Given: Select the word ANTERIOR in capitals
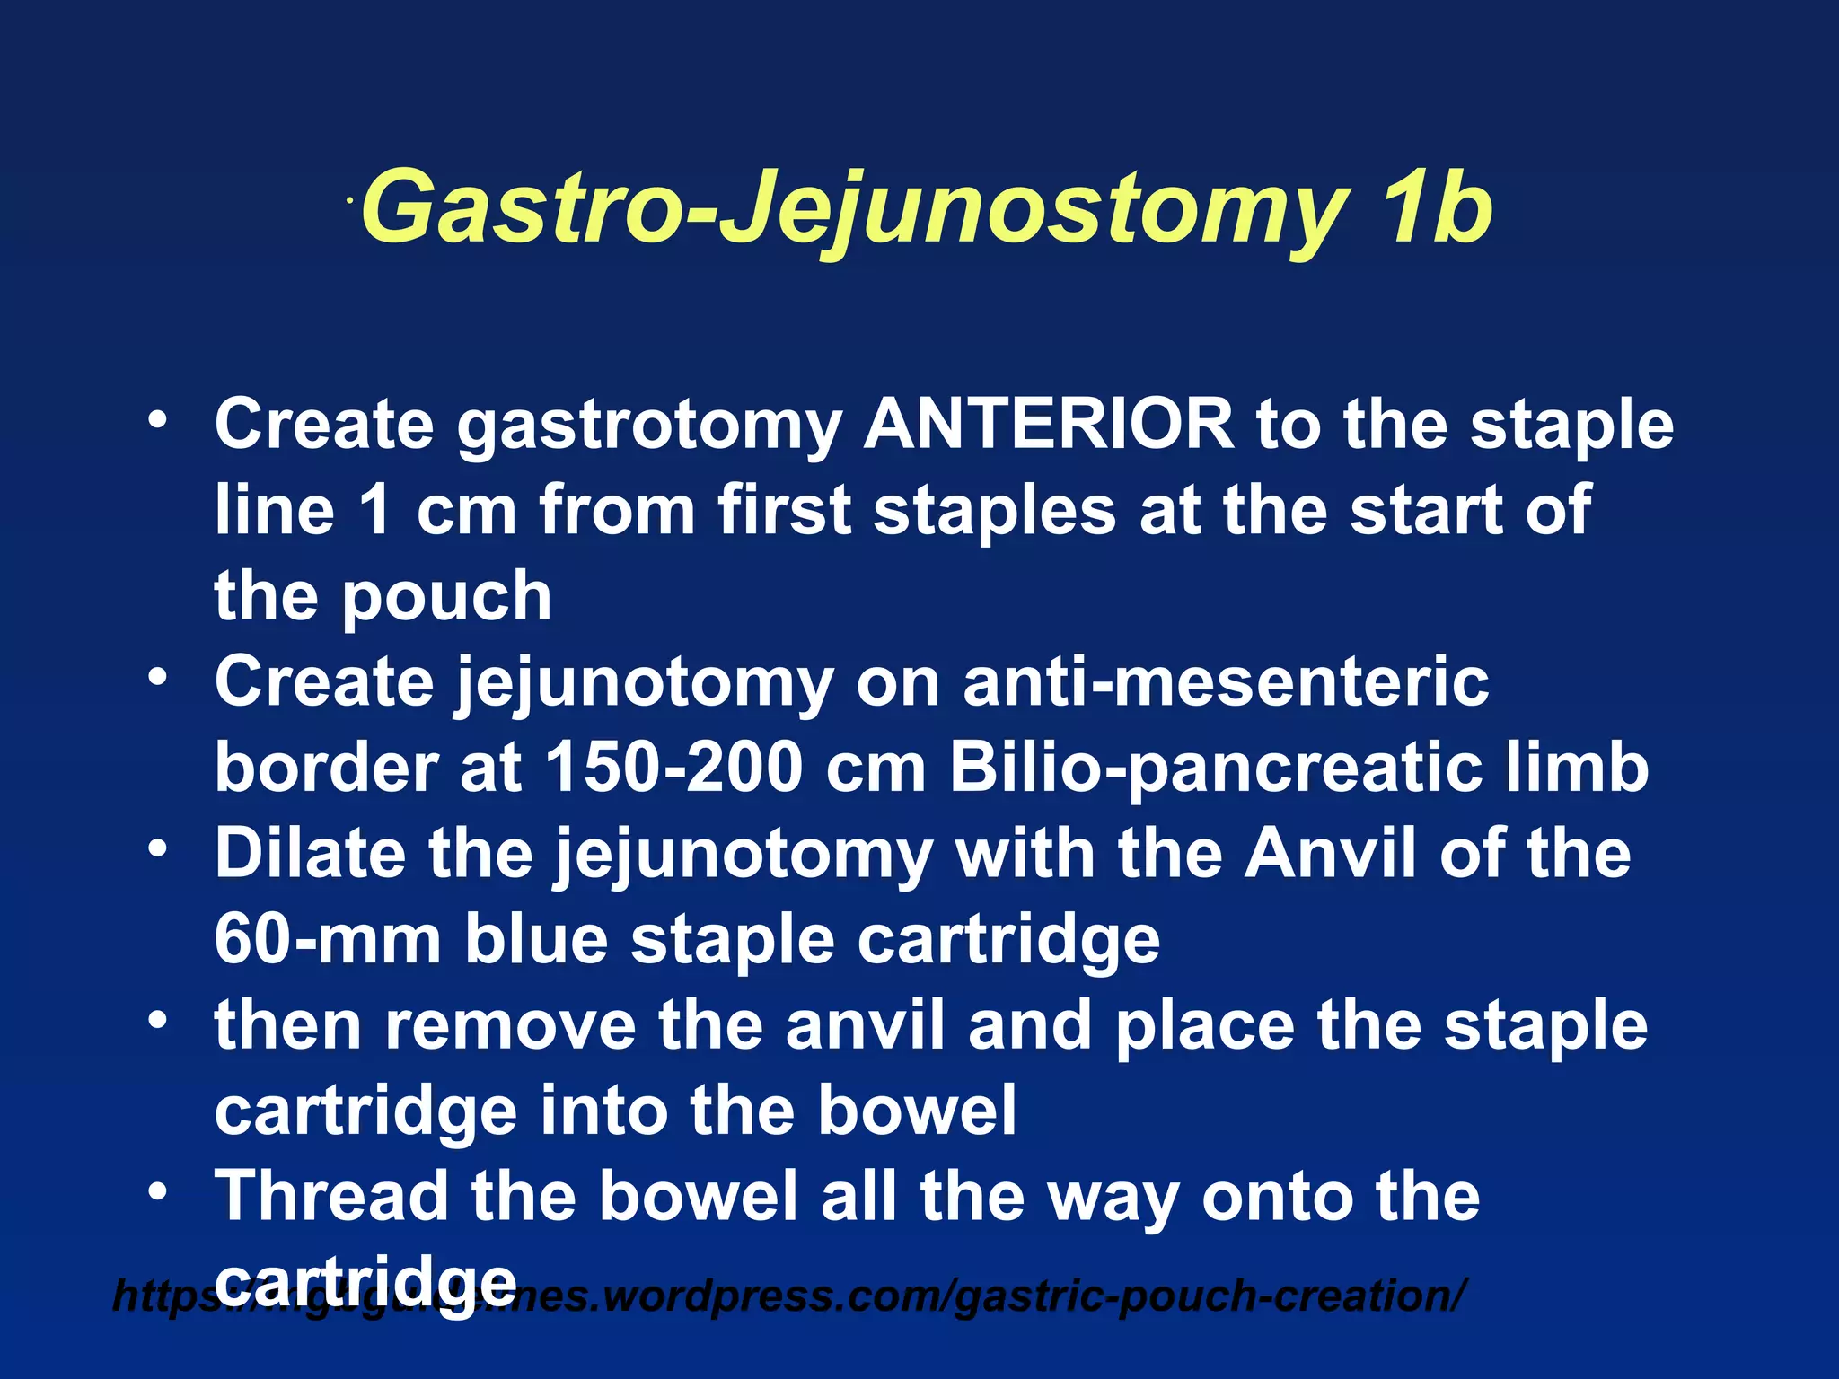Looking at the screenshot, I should (x=1048, y=424).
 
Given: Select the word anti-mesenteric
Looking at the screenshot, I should (x=1226, y=682).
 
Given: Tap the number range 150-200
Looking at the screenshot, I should (x=673, y=768).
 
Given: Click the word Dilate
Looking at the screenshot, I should (x=310, y=853).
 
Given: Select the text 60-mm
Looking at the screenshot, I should (x=327, y=939).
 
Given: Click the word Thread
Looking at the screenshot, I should (x=331, y=1196).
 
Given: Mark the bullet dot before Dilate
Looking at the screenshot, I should (x=158, y=849).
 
